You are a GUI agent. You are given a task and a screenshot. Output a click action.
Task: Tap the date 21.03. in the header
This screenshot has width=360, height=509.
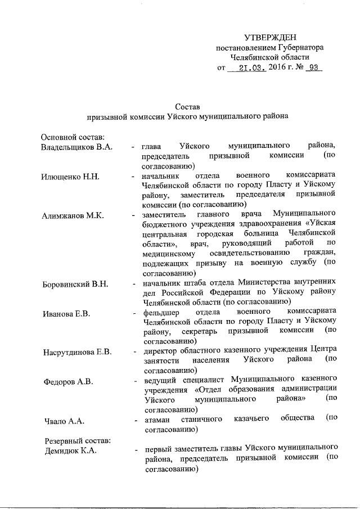pos(244,68)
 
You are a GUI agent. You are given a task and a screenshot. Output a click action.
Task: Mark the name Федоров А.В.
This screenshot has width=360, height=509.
pos(67,381)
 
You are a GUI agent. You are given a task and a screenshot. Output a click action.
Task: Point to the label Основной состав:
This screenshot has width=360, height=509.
pos(70,137)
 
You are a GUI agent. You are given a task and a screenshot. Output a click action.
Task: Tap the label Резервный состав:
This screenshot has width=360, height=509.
pos(74,440)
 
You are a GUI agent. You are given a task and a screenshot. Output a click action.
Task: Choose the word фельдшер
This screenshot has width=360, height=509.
pos(160,311)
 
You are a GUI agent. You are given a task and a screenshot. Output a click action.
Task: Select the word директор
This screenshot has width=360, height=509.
pos(161,350)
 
